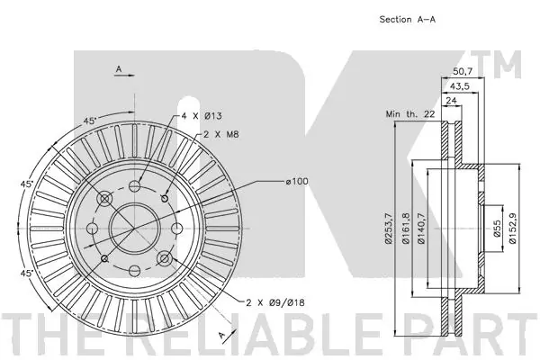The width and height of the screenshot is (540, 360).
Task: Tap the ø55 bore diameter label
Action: coord(496,229)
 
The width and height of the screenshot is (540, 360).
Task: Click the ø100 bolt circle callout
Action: coord(297,183)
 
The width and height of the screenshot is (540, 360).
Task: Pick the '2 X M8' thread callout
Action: coord(221,135)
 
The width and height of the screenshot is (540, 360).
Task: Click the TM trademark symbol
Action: coord(507,66)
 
